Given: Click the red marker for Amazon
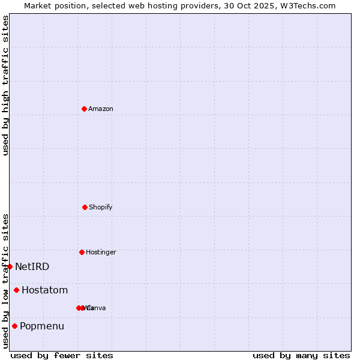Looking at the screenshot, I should pyautogui.click(x=84, y=109).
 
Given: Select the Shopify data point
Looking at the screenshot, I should pyautogui.click(x=85, y=207).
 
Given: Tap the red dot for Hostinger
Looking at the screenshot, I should pyautogui.click(x=82, y=252).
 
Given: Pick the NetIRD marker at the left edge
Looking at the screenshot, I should pyautogui.click(x=10, y=266).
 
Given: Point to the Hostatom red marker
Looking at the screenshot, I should pyautogui.click(x=16, y=290).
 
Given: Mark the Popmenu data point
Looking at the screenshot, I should pyautogui.click(x=14, y=326).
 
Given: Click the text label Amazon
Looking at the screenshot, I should pyautogui.click(x=101, y=109).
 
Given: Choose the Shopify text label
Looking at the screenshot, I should pyautogui.click(x=101, y=208).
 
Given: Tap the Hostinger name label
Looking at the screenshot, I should pyautogui.click(x=101, y=253).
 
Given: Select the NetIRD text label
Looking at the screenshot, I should pyautogui.click(x=32, y=267).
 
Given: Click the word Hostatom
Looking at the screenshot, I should pyautogui.click(x=45, y=290).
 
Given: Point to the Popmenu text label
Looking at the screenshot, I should pyautogui.click(x=42, y=326).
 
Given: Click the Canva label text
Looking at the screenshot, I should pyautogui.click(x=97, y=308).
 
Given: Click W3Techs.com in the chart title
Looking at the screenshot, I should pyautogui.click(x=308, y=6).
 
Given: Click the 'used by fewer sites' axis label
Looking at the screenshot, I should pyautogui.click(x=62, y=356).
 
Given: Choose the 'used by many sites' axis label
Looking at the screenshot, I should pyautogui.click(x=301, y=356).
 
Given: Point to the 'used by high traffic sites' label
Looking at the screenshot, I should pyautogui.click(x=5, y=85).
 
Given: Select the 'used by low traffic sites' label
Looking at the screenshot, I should pyautogui.click(x=5, y=281).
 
